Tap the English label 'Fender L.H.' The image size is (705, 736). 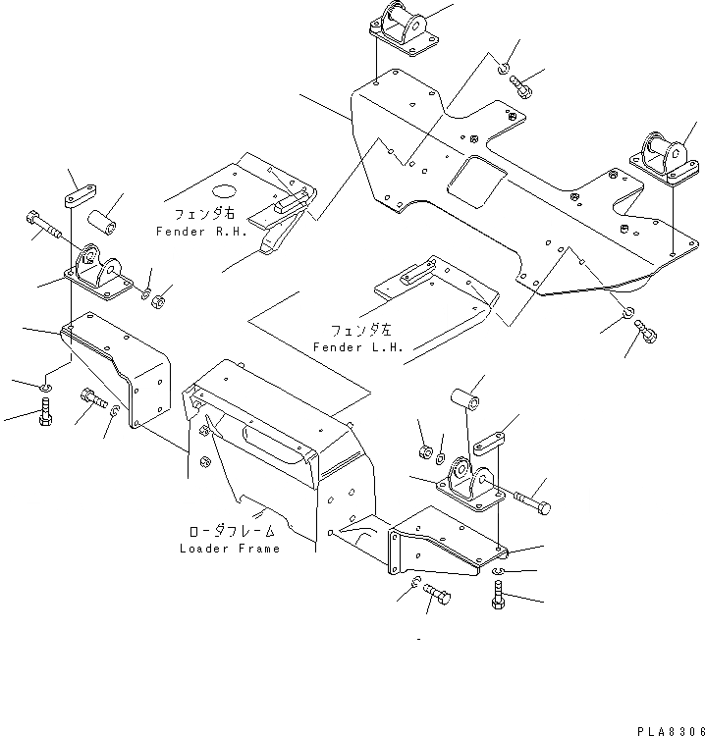[352, 348]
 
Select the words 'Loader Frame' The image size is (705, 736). [229, 549]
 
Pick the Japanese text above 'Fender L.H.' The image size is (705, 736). [352, 332]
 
